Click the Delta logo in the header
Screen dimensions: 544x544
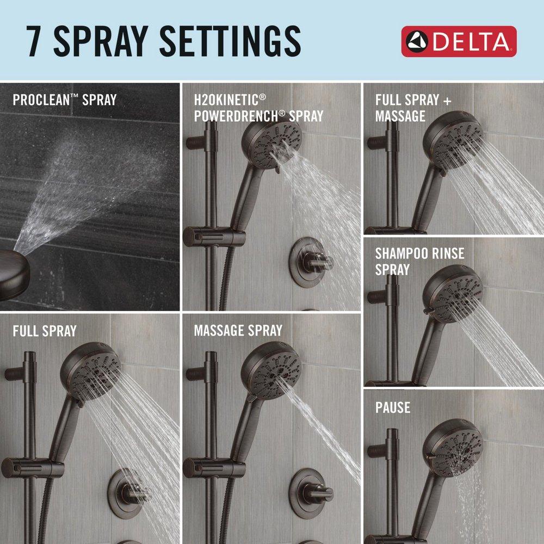pos(459,41)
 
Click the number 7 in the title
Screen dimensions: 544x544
pos(37,40)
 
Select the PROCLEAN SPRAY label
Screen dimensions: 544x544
pos(64,100)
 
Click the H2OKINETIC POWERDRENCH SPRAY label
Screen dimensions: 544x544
pos(258,108)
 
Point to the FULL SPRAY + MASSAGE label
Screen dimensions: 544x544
pos(413,108)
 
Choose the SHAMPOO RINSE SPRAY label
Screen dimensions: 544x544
pos(419,261)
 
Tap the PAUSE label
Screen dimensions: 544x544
pos(392,407)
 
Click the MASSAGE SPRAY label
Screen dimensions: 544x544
pos(238,330)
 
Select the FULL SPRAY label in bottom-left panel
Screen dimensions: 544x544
pos(45,330)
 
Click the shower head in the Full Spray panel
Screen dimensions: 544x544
pos(91,370)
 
